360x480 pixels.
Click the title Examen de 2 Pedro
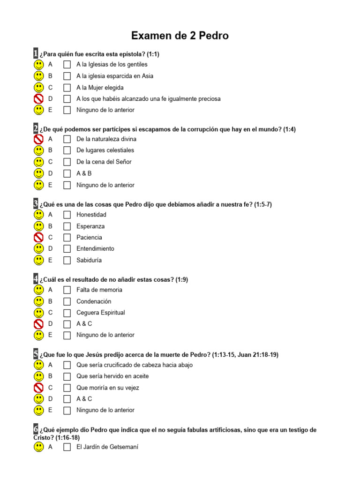180,36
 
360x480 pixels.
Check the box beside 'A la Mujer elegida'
67,87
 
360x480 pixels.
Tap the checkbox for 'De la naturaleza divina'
67,139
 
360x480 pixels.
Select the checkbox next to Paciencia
67,238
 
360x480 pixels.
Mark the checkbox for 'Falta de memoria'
67,290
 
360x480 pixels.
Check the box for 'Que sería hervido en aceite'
67,376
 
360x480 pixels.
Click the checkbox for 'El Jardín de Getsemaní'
67,447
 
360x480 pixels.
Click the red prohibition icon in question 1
39,99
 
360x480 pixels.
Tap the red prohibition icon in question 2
39,139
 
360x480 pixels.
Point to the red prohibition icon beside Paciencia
39,238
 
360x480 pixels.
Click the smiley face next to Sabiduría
39,260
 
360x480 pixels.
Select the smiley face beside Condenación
39,301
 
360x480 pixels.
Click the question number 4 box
36,279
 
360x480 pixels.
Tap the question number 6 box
36,429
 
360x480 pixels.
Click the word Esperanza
90,226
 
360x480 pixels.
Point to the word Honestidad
91,215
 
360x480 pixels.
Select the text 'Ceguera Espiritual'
101,313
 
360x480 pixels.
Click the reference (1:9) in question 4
182,280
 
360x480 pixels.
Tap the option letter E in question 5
50,410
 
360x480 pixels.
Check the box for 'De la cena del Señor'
67,162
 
